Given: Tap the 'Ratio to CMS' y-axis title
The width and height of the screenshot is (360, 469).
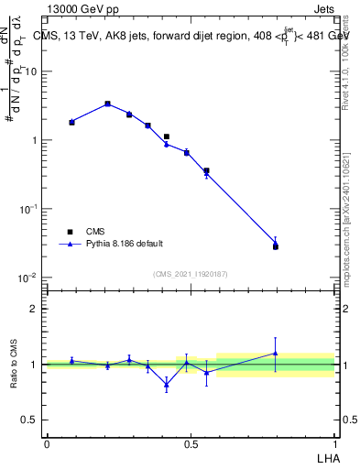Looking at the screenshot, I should tap(14, 364).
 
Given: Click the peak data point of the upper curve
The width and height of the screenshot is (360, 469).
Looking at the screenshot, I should tap(107, 104).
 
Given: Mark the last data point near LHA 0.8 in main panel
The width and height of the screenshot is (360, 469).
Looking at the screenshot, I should tap(276, 245).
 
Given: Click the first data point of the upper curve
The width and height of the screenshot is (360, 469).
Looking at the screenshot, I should tap(71, 122).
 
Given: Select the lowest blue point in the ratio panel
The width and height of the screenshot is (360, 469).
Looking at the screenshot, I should tap(166, 384).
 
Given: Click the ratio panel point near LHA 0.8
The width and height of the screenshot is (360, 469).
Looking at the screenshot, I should tap(276, 353).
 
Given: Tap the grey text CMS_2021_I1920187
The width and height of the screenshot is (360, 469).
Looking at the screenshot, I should tap(191, 273).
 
